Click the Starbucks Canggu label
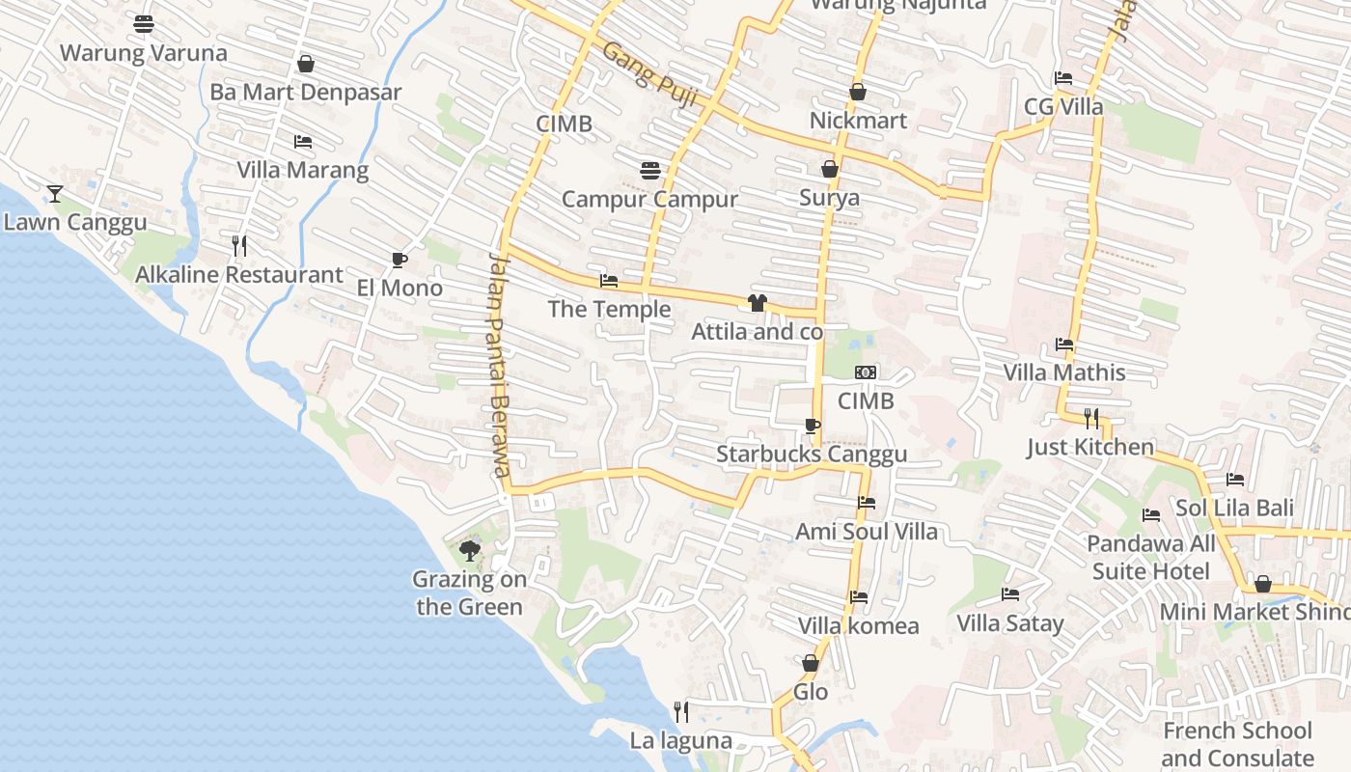pos(812,455)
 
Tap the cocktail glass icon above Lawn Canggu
pos(55,194)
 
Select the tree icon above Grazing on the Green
pos(470,551)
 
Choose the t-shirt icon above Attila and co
pos(757,303)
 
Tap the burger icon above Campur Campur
pos(650,171)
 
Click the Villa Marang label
pos(303,171)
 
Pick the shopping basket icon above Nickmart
pos(858,92)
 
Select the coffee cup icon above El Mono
pos(399,260)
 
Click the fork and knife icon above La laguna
pos(681,712)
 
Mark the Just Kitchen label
pos(1089,447)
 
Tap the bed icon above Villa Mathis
pos(1064,344)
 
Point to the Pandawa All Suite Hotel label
pos(1150,558)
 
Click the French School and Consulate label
pos(1237,744)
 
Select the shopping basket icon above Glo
pos(811,663)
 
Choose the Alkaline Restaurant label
pos(238,275)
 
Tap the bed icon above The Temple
pos(609,281)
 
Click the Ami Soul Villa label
pos(866,532)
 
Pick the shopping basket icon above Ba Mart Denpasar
pos(306,64)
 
